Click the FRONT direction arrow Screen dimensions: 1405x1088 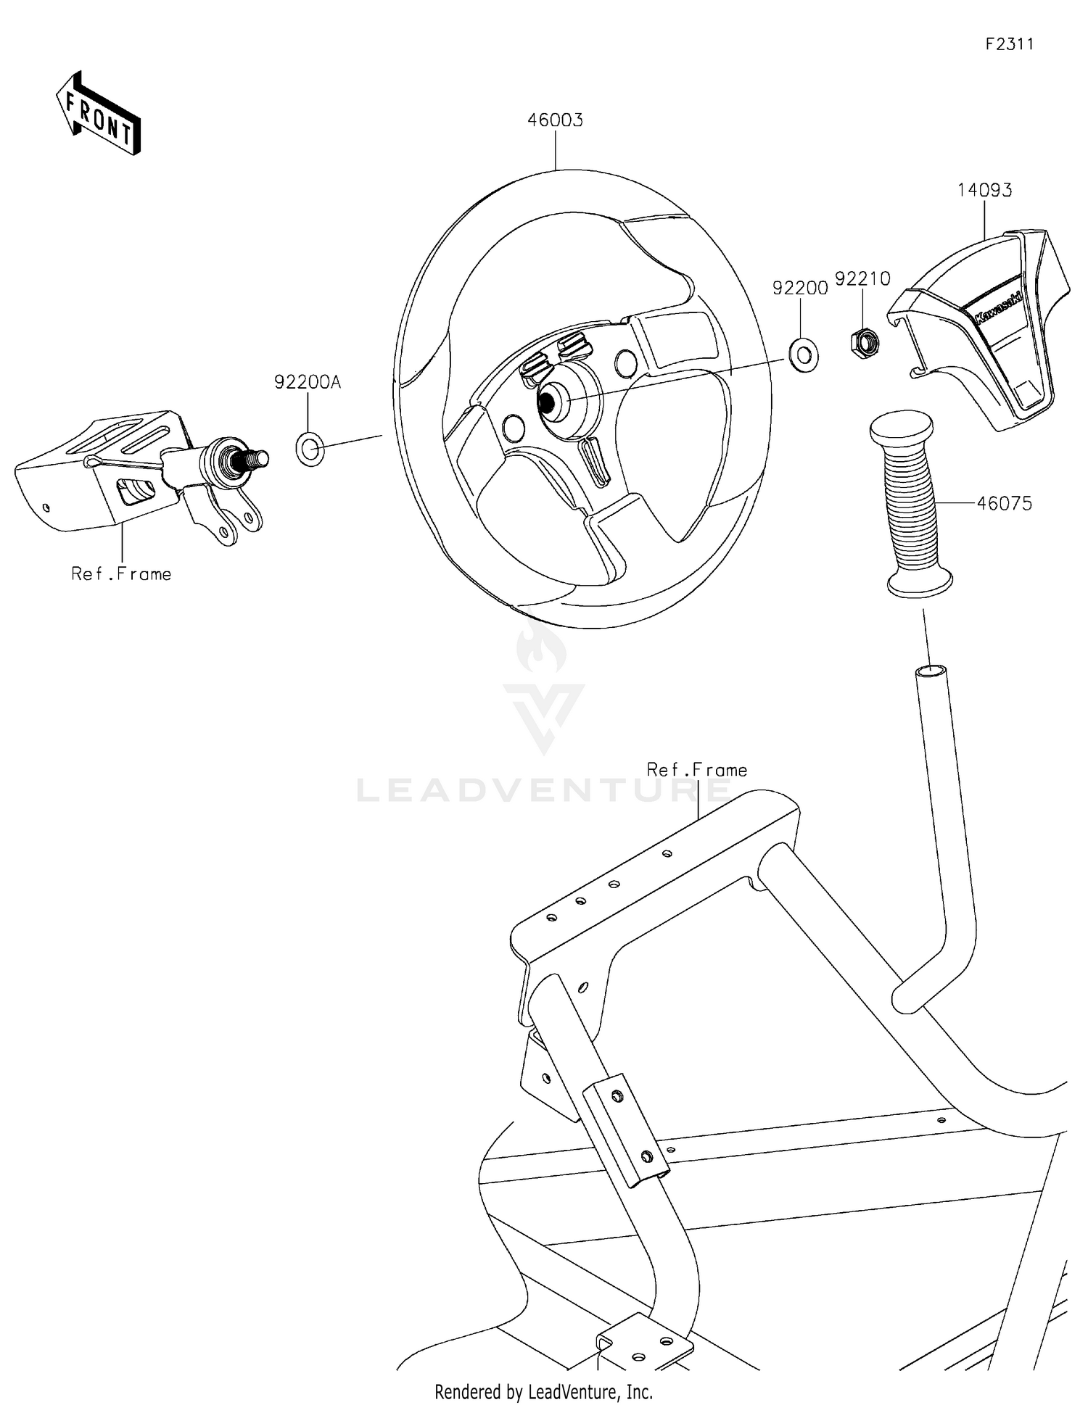coord(98,115)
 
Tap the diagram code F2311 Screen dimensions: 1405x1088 coord(1009,44)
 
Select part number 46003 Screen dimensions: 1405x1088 coord(555,120)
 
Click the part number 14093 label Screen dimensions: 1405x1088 coord(984,191)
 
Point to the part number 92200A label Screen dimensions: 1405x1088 coord(307,382)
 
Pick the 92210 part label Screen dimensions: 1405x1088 coord(862,279)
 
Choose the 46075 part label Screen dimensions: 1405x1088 coord(1004,503)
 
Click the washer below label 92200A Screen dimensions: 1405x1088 coord(310,450)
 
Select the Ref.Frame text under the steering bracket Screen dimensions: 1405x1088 coord(121,574)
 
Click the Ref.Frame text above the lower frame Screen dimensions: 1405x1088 coord(696,770)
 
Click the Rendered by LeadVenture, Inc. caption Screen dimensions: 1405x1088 coord(543,1391)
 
